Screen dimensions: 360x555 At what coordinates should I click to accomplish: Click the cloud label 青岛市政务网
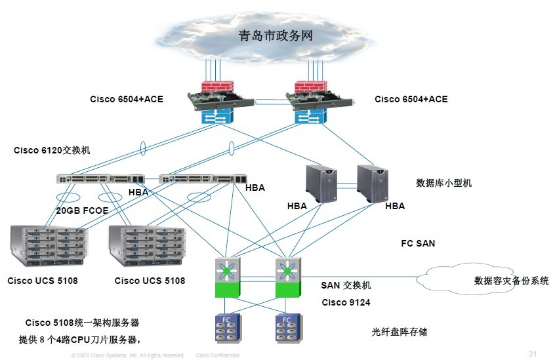[276, 35]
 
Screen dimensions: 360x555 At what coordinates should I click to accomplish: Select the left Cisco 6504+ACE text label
[127, 99]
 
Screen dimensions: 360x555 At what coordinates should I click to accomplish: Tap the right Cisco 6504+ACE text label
[411, 99]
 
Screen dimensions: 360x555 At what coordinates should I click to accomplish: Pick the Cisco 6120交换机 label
[52, 150]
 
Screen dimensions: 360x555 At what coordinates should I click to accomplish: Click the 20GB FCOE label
[82, 211]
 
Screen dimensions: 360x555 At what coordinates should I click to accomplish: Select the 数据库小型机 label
[444, 183]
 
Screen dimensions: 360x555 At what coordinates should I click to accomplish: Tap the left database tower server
[323, 184]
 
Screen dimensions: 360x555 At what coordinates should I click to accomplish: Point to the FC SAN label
[418, 243]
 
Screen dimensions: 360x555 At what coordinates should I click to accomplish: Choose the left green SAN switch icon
[228, 276]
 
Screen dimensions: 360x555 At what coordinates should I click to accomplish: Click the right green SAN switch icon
[287, 276]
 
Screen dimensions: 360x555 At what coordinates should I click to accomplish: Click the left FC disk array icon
[228, 329]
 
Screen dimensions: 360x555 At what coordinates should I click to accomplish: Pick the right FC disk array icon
[287, 329]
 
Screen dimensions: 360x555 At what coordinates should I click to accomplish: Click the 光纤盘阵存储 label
[400, 332]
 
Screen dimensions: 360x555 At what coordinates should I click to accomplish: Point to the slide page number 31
[532, 354]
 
